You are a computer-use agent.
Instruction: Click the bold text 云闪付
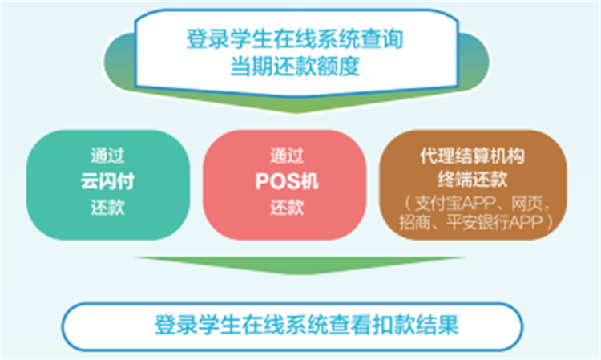point(107,180)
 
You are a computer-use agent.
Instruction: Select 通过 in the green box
point(107,155)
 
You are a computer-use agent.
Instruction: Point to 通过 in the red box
point(285,155)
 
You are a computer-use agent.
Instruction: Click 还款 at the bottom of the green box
point(107,208)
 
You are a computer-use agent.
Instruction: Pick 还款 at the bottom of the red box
point(285,208)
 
